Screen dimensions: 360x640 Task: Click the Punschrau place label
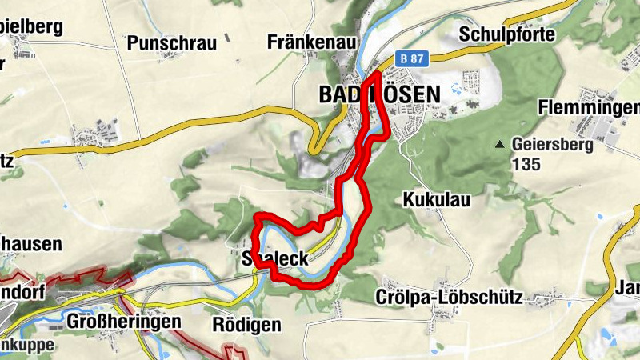point(172,43)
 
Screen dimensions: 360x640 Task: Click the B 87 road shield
point(413,58)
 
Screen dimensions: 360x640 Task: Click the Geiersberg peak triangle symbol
point(500,145)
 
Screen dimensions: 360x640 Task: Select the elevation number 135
point(529,164)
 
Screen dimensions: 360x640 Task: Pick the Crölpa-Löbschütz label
point(449,298)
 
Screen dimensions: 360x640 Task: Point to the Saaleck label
point(274,258)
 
